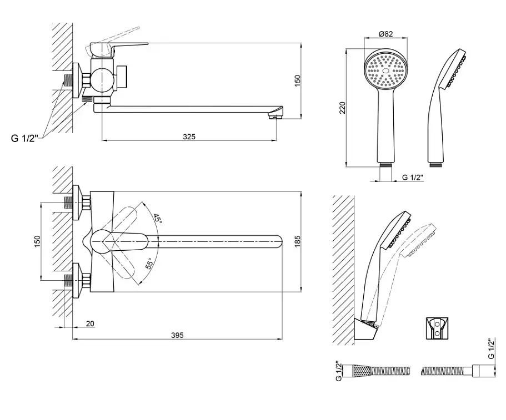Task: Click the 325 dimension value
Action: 189,136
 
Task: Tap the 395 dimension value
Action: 177,335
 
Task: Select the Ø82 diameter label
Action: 386,34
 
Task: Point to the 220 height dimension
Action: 342,108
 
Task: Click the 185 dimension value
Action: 297,241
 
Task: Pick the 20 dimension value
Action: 91,323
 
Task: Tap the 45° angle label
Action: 157,219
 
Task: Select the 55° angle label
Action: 149,264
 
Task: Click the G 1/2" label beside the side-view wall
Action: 24,138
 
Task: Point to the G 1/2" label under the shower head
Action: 413,177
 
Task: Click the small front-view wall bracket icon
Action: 438,328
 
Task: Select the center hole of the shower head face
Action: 385,70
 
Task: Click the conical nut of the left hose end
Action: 362,371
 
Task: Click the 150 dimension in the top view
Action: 37,241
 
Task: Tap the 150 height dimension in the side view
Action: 297,80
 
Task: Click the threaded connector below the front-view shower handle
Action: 386,165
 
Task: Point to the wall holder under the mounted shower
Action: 366,330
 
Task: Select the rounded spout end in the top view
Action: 278,241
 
